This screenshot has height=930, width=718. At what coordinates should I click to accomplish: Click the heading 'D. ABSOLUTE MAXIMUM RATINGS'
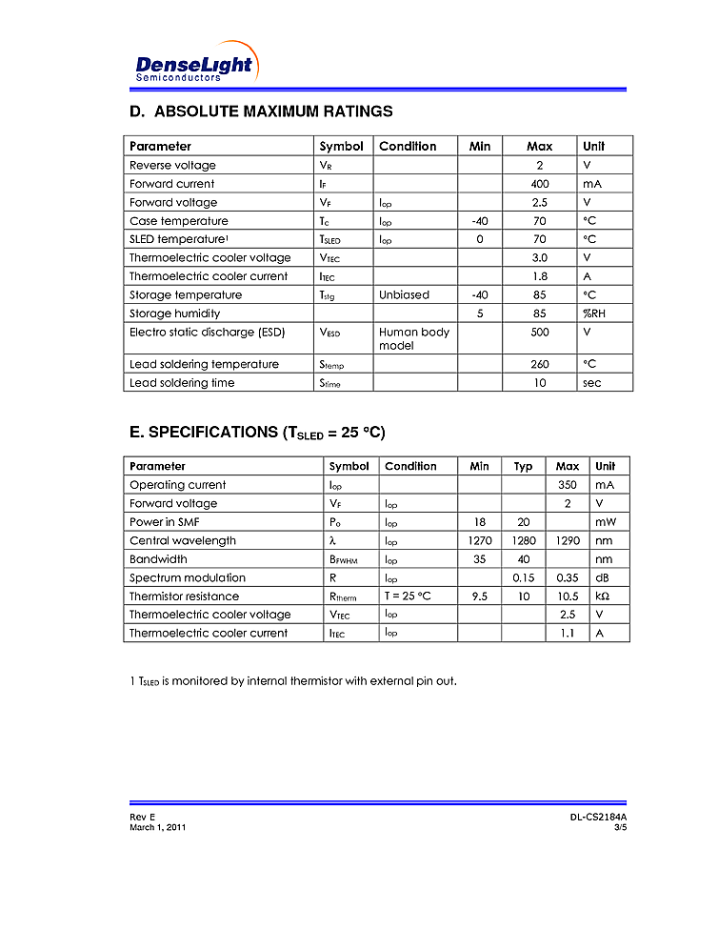[261, 111]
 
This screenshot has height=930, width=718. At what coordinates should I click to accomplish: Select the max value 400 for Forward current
[540, 184]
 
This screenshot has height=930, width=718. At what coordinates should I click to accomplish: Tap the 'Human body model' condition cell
[413, 338]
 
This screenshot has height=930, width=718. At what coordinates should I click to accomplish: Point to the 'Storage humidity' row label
[174, 313]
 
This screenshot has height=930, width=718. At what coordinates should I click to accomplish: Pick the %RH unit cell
[593, 313]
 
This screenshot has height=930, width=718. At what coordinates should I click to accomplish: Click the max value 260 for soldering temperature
[540, 364]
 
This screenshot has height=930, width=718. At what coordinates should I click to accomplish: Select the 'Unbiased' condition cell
[404, 295]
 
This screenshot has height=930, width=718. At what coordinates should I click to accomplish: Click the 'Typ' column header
[523, 466]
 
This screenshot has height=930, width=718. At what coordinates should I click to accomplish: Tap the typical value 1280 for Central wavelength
[523, 540]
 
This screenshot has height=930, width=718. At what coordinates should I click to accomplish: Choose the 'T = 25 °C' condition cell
[408, 596]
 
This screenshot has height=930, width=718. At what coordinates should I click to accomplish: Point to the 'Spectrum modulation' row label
[187, 577]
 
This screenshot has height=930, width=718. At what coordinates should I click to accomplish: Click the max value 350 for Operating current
[567, 485]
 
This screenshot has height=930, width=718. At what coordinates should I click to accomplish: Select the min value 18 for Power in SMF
[479, 522]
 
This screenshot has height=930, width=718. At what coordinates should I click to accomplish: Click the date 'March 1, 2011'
[157, 827]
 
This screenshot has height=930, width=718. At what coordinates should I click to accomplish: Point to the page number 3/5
[620, 827]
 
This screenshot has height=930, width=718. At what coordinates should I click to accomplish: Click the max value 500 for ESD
[540, 333]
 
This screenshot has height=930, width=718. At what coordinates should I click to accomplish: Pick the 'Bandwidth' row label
[158, 559]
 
